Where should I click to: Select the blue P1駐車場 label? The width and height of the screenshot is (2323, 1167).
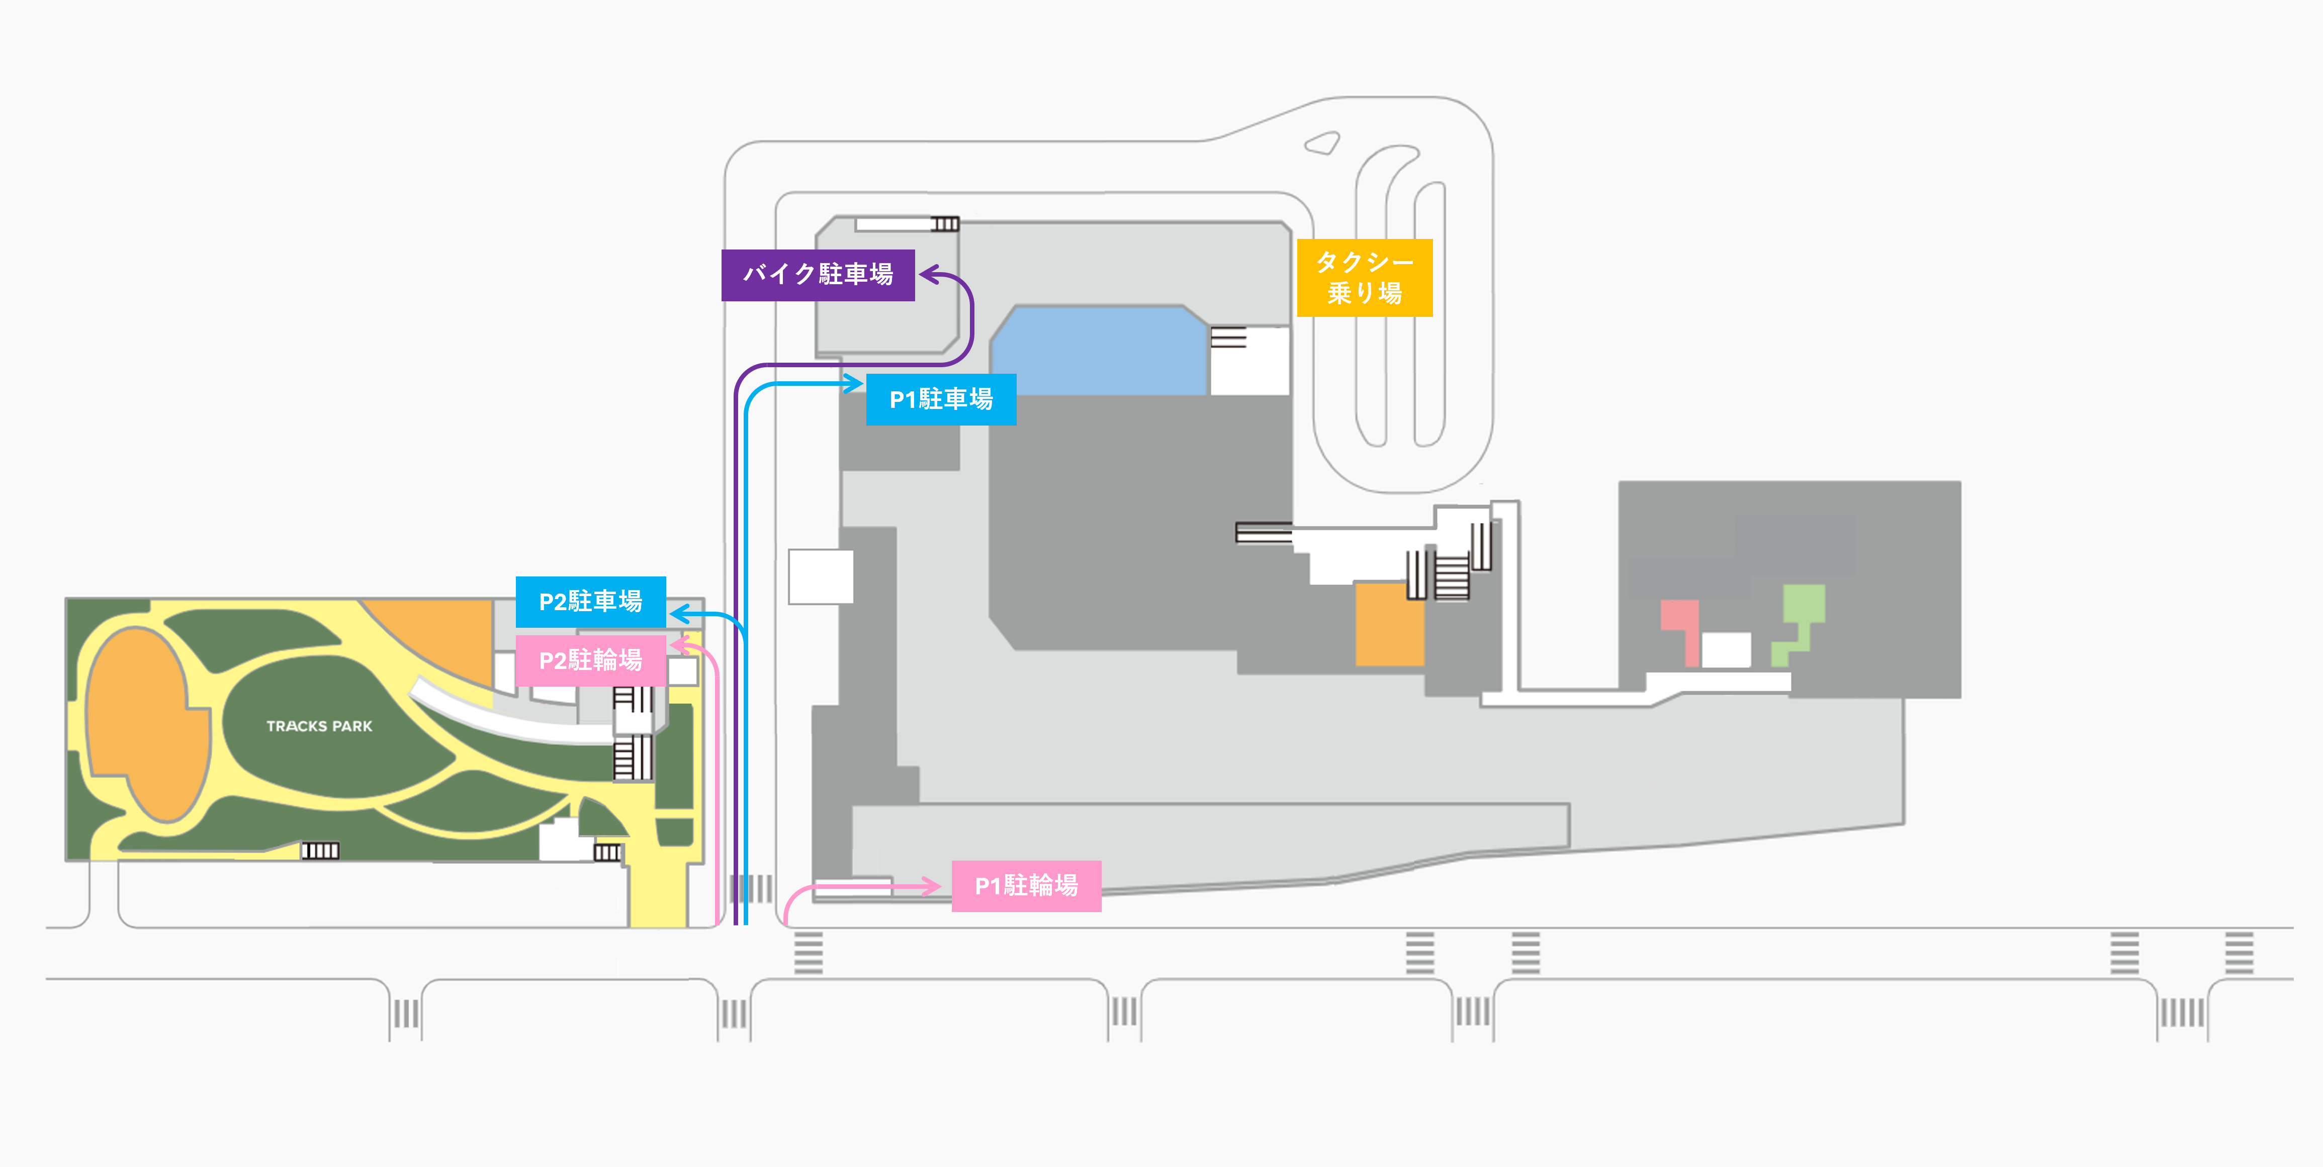[941, 398]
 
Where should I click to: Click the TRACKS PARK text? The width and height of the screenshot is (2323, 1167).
[319, 726]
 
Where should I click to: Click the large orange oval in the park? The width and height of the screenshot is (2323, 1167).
[144, 721]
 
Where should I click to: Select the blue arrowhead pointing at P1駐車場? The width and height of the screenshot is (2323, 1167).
[853, 384]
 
